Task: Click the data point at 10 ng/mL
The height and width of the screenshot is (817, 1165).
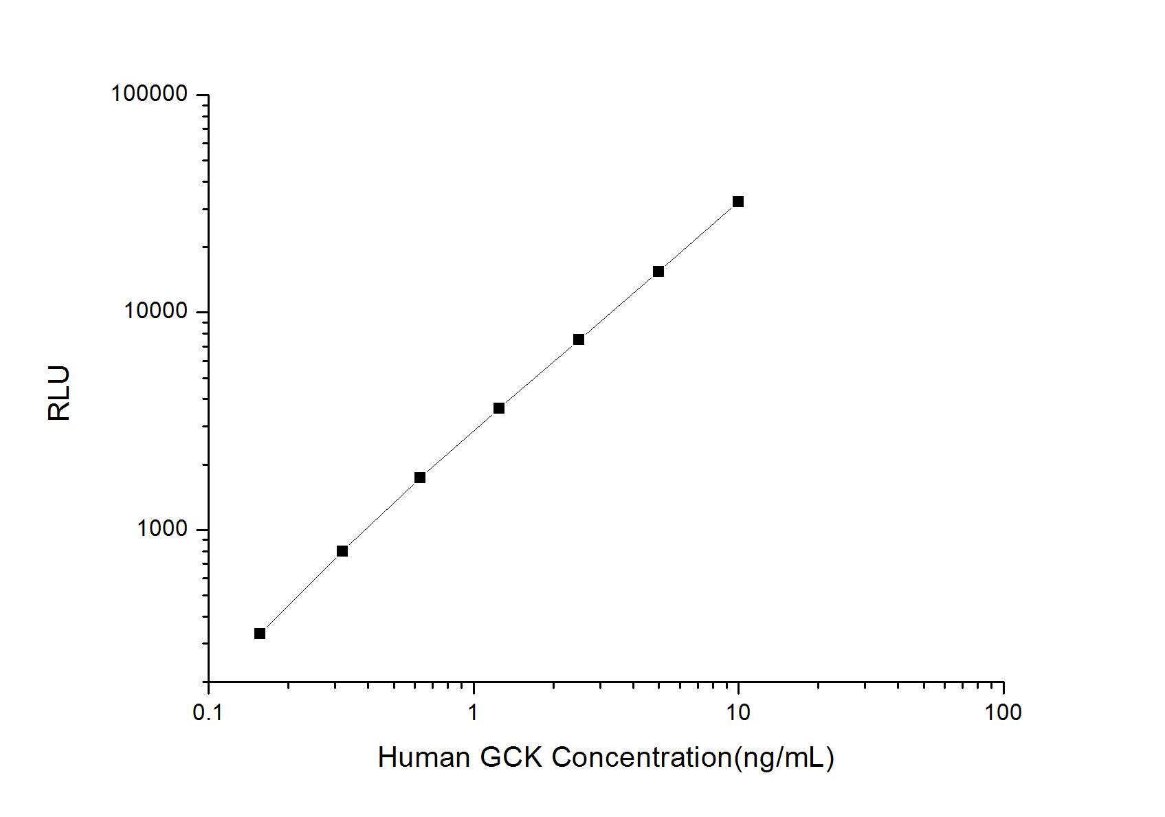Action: click(x=737, y=201)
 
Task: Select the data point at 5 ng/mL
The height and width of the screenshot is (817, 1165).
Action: click(x=658, y=271)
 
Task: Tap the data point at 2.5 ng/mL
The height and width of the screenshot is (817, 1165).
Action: click(x=578, y=339)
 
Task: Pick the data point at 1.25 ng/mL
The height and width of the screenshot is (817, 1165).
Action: click(x=499, y=408)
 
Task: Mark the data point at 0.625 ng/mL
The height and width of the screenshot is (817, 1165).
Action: click(x=419, y=478)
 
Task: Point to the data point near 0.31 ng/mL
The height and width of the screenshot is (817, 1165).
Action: click(x=342, y=551)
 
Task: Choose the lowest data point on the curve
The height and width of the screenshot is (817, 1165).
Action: click(x=259, y=634)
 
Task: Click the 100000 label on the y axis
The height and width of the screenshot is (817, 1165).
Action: click(x=149, y=94)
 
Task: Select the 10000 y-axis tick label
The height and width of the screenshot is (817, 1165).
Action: click(x=156, y=311)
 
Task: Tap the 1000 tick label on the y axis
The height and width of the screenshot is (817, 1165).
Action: click(x=162, y=529)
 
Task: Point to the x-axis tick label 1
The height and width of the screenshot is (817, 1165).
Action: click(x=473, y=713)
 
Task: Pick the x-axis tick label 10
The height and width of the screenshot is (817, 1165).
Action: click(x=738, y=713)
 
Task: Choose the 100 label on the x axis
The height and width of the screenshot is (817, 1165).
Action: click(x=1003, y=713)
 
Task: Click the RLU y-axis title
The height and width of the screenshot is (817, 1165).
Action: click(x=59, y=393)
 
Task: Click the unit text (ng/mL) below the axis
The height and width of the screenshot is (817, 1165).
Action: click(x=784, y=759)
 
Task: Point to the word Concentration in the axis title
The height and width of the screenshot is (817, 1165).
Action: click(x=641, y=758)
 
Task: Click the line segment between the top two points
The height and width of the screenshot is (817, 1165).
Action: click(x=698, y=236)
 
